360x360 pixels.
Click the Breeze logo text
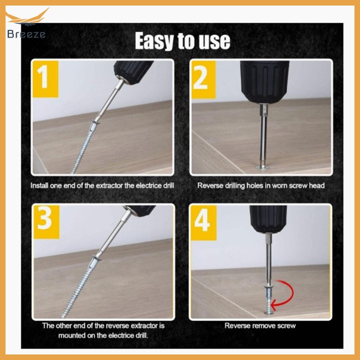coord(27,34)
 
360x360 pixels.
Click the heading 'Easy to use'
coord(182,41)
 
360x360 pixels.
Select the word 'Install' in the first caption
coord(42,185)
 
